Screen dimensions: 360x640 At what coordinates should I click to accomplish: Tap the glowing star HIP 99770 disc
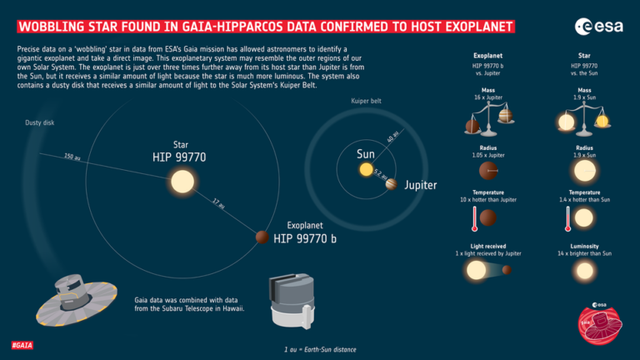tap(180, 181)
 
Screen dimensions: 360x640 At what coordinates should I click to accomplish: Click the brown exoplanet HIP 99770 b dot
tap(261, 237)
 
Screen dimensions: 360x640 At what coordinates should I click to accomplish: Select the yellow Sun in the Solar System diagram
tap(366, 170)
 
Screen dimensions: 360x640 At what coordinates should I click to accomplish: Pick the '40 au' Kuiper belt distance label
tap(394, 137)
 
